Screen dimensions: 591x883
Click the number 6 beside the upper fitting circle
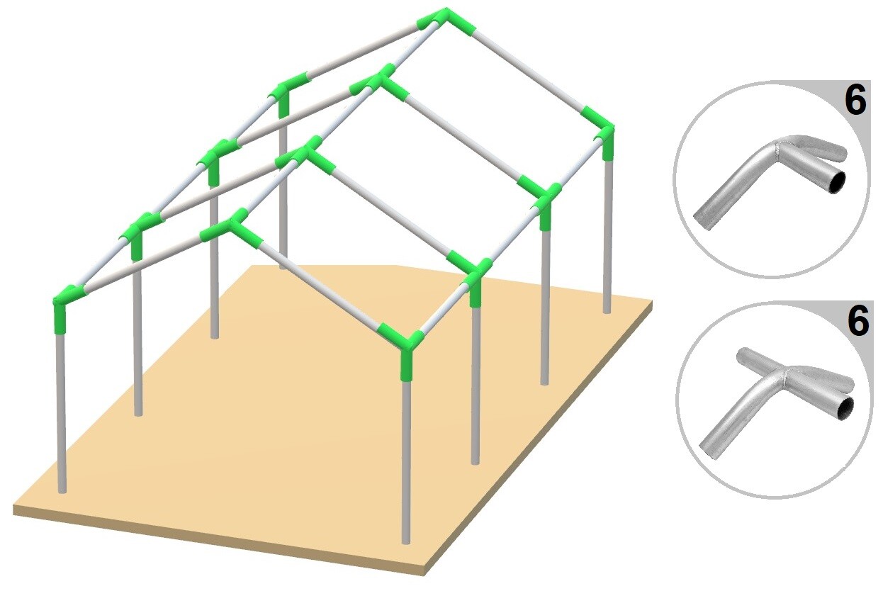[855, 101]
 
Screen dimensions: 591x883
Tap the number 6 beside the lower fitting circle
[857, 322]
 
